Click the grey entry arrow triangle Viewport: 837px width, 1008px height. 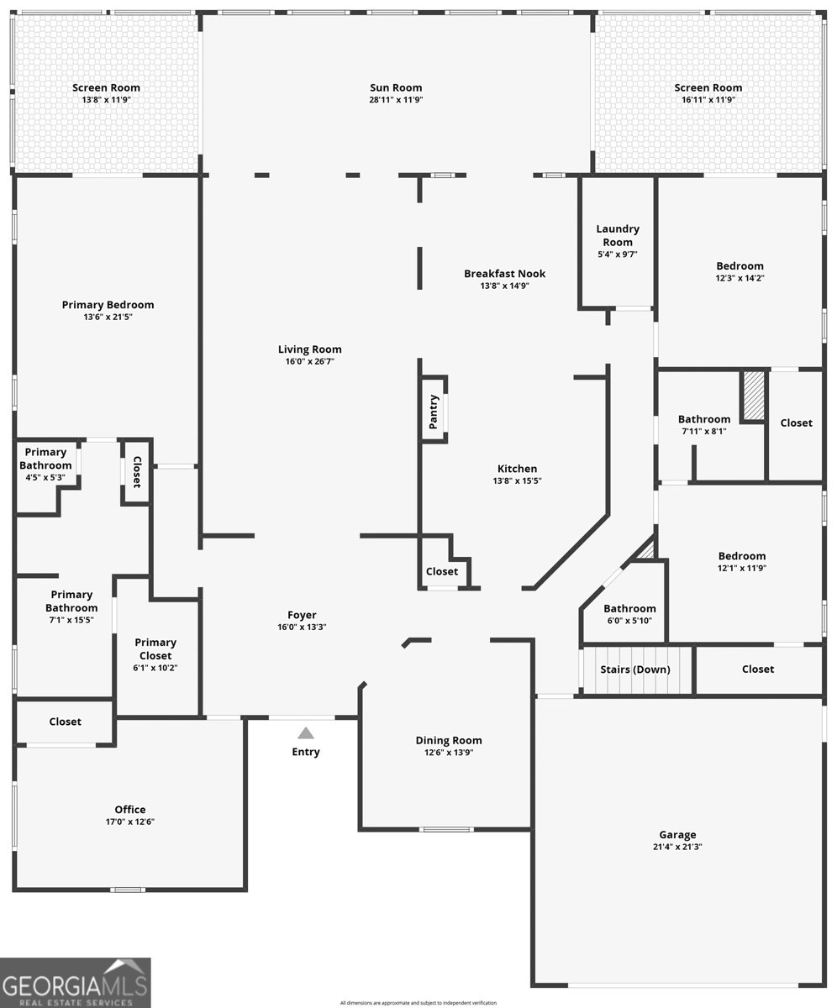306,733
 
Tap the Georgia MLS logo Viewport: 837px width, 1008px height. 76,983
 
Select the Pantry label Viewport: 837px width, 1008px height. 434,412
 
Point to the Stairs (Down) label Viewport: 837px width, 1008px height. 634,669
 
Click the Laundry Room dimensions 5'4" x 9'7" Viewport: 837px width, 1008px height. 618,255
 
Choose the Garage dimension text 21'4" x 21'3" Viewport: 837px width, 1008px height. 677,847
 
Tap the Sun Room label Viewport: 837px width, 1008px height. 396,87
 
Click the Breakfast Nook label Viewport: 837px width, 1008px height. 504,273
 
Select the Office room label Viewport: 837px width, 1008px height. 130,809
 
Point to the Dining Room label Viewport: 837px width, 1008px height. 449,740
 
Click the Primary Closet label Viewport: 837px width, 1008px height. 155,648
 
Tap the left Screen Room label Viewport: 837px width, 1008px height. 106,87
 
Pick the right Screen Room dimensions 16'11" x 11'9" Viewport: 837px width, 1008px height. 708,99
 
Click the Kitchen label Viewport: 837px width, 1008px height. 517,469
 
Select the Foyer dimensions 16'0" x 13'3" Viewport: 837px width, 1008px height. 303,627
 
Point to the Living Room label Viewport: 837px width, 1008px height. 310,349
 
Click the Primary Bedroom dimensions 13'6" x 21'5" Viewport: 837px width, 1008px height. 108,317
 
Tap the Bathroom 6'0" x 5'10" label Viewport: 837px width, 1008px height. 629,608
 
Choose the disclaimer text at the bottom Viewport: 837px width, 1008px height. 418,1003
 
